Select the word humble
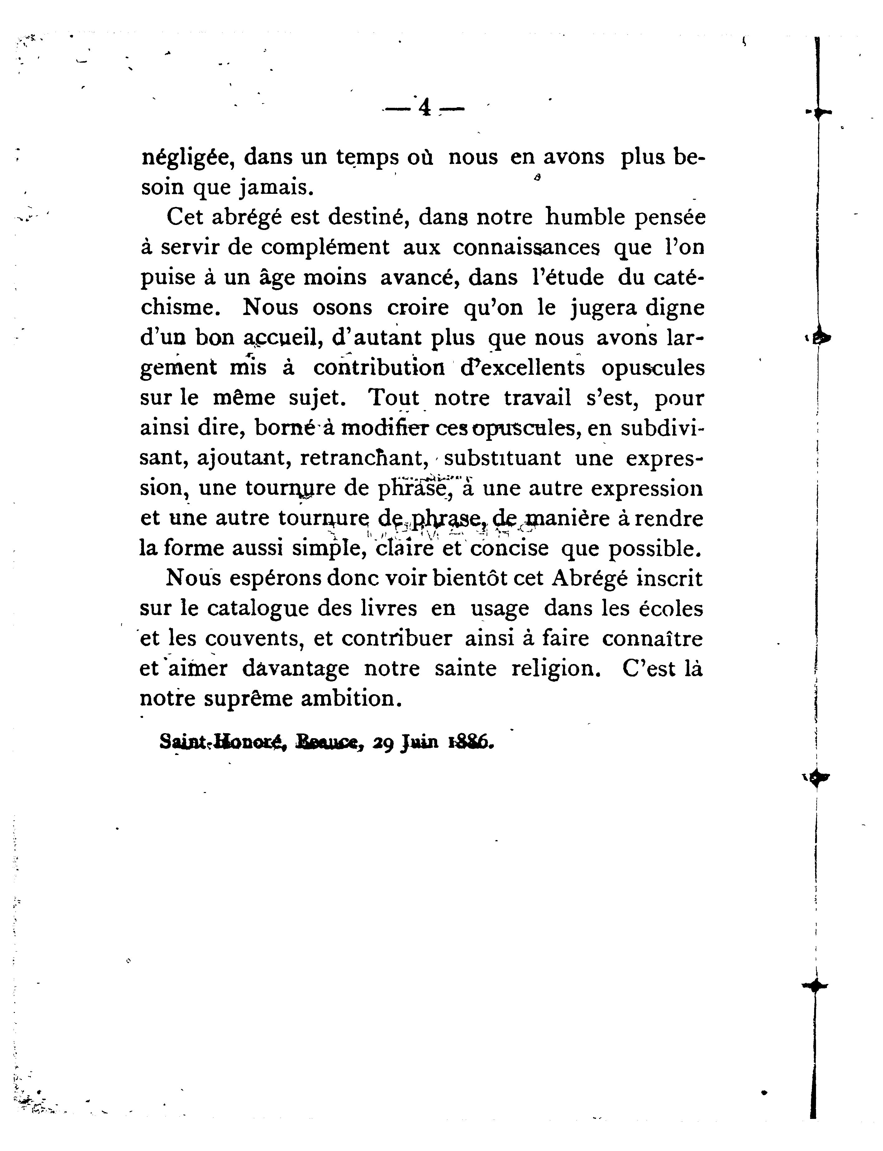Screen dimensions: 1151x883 [x=583, y=217]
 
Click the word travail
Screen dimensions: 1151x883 [x=537, y=398]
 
